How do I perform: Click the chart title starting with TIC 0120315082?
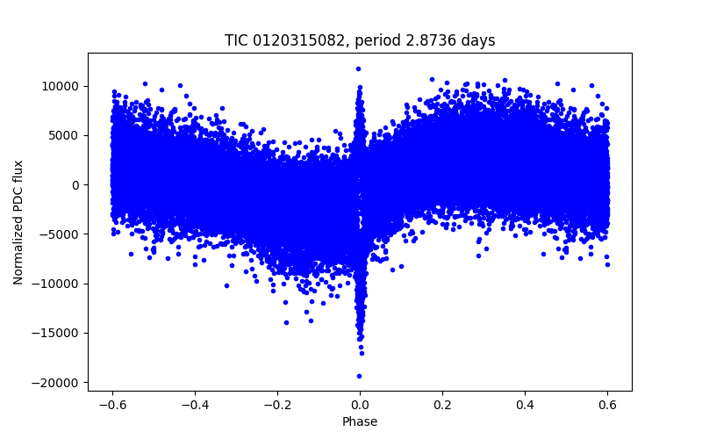point(360,40)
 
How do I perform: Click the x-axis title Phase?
point(360,421)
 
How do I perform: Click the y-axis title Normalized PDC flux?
point(18,221)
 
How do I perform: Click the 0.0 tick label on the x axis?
point(360,405)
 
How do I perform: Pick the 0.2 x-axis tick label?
point(442,405)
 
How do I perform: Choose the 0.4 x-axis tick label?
point(525,405)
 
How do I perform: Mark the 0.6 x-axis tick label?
point(607,405)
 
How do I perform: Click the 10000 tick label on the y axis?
point(61,86)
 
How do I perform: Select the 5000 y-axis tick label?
point(65,135)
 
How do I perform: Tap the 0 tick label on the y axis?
point(76,185)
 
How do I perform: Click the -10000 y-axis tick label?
point(58,284)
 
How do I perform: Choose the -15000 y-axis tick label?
point(58,333)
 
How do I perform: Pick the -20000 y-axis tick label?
point(58,383)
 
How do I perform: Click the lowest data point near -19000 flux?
point(359,376)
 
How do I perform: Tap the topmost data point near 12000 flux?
point(358,68)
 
